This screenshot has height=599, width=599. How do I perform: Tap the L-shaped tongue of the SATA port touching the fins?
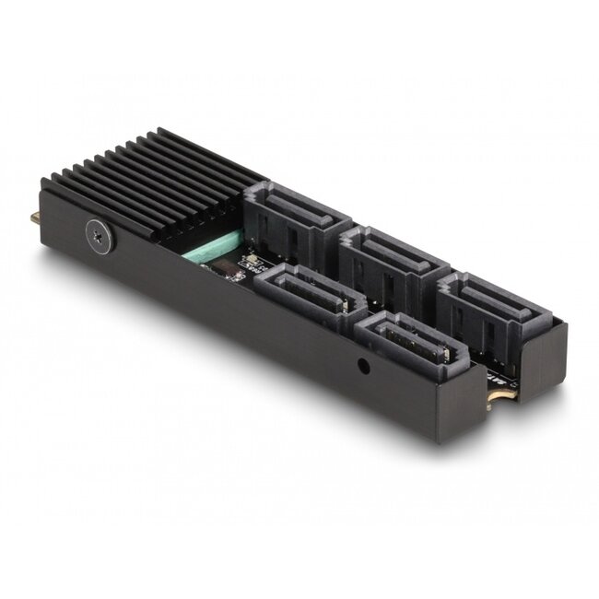(x=288, y=200)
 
